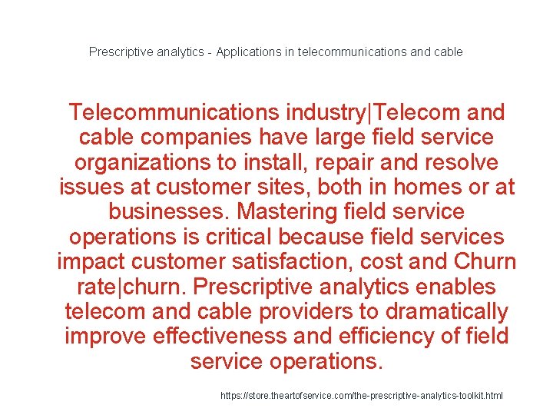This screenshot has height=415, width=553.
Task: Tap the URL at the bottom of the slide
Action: (362, 395)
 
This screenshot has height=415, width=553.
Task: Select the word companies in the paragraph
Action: (177, 138)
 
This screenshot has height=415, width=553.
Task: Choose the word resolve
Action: (458, 163)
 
